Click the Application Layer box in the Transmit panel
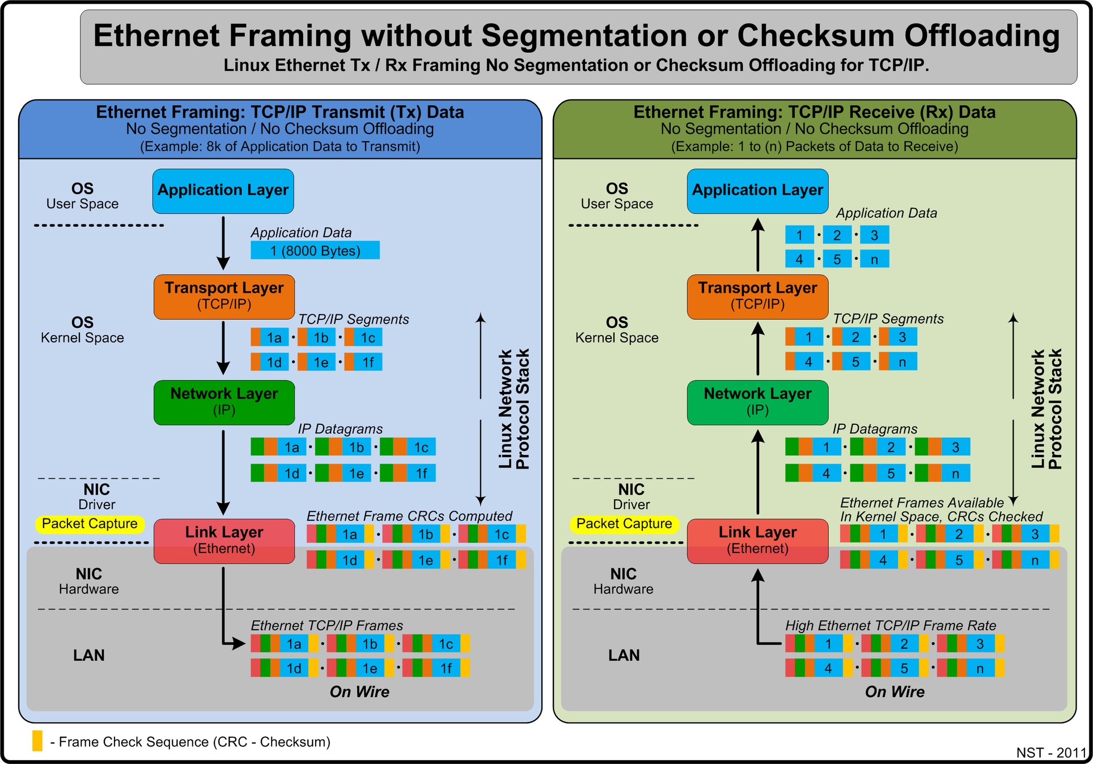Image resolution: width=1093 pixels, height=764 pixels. pyautogui.click(x=223, y=191)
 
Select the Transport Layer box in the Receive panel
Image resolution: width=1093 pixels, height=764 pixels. pyautogui.click(x=757, y=296)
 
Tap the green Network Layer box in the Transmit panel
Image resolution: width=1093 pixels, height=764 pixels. pyautogui.click(x=224, y=402)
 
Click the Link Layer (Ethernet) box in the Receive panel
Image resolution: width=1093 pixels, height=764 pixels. pyautogui.click(x=757, y=541)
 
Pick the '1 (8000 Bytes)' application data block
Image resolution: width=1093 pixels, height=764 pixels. pyautogui.click(x=315, y=251)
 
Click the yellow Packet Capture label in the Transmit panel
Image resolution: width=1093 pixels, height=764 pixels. pyautogui.click(x=90, y=524)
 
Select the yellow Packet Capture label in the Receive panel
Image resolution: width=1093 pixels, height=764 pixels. pyautogui.click(x=624, y=524)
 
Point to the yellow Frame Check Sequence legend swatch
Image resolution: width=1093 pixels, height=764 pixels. pyautogui.click(x=37, y=741)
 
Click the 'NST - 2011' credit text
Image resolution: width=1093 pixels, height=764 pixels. pyautogui.click(x=1050, y=753)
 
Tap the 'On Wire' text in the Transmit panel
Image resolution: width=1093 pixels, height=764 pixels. pyautogui.click(x=359, y=692)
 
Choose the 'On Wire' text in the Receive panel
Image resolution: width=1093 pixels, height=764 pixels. pyautogui.click(x=894, y=692)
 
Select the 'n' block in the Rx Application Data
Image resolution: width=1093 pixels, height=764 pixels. pyautogui.click(x=874, y=259)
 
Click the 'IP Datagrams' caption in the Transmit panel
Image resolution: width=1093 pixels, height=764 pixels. pyautogui.click(x=340, y=429)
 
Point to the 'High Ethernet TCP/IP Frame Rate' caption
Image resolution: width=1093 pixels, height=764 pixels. pyautogui.click(x=890, y=626)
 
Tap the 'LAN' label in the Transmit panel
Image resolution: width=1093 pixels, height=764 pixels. pyautogui.click(x=89, y=655)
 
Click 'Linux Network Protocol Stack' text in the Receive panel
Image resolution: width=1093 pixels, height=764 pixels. pyautogui.click(x=1046, y=409)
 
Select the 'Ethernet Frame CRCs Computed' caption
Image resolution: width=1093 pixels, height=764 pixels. pyautogui.click(x=409, y=516)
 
